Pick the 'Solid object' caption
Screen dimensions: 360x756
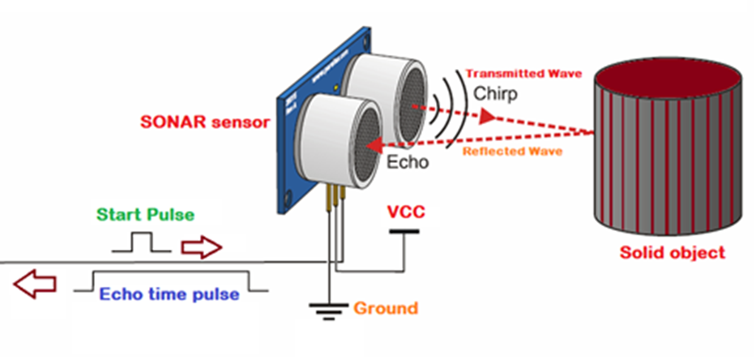[672, 252]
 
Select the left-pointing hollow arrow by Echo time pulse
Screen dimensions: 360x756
[35, 284]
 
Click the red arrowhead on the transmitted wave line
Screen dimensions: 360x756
[487, 117]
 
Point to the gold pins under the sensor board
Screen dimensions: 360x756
[335, 194]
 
